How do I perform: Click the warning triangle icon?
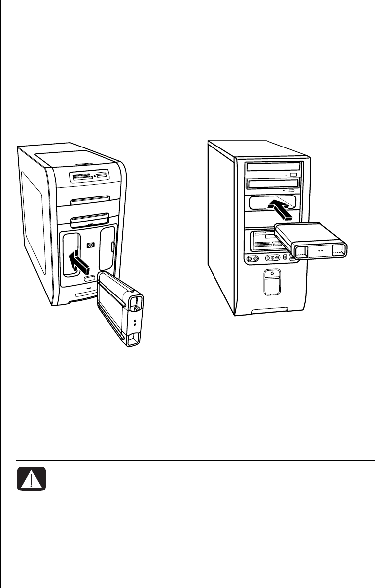pos(31,479)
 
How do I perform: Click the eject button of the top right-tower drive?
pos(294,175)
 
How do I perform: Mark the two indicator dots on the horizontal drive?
pos(319,251)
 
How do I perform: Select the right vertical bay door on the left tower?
pos(108,250)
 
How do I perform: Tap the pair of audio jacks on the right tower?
pos(252,258)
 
